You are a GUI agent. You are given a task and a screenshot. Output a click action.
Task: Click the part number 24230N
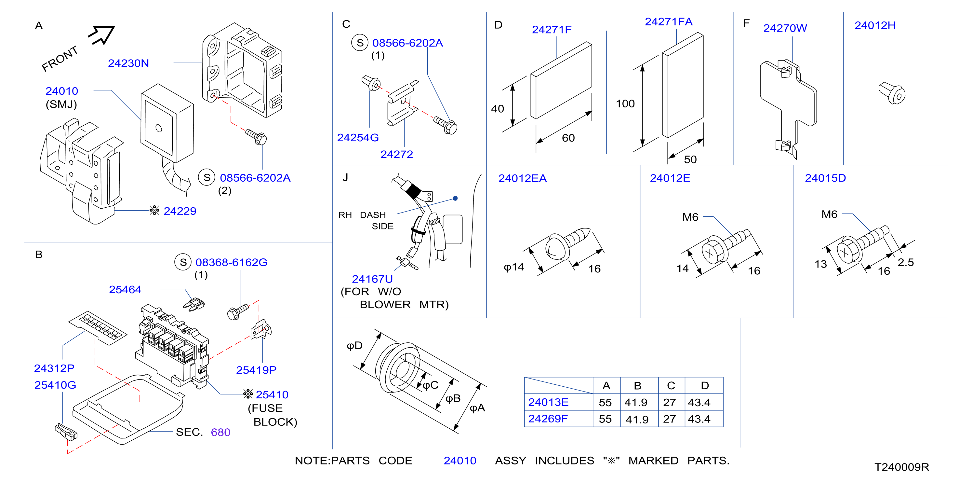coord(128,63)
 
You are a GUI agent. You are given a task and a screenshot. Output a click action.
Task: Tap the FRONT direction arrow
coord(101,35)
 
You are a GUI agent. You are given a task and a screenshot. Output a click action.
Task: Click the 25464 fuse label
coord(125,289)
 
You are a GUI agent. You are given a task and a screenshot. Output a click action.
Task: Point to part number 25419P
coord(256,370)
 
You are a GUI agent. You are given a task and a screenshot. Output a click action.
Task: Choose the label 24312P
coord(54,368)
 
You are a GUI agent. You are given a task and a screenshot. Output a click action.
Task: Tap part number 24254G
coord(358,137)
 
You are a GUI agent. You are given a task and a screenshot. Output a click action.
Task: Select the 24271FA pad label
coord(669,21)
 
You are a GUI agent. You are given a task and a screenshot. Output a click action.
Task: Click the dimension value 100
coord(625,103)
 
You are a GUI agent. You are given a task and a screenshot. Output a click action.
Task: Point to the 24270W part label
coord(785,28)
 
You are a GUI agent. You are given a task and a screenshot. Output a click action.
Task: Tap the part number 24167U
coord(372,279)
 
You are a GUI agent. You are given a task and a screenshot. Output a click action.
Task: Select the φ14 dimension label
coord(514,267)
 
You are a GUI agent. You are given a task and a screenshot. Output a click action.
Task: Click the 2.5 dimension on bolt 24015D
coord(906,262)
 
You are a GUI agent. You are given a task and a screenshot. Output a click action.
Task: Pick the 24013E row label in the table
coord(548,402)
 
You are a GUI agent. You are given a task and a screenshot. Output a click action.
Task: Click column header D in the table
coord(704,386)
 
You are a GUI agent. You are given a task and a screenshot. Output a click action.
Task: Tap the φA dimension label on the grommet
coord(477,408)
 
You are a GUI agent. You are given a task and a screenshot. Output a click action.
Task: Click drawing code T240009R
coord(902,467)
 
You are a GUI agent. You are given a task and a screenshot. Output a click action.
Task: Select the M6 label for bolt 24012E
coord(690,217)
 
